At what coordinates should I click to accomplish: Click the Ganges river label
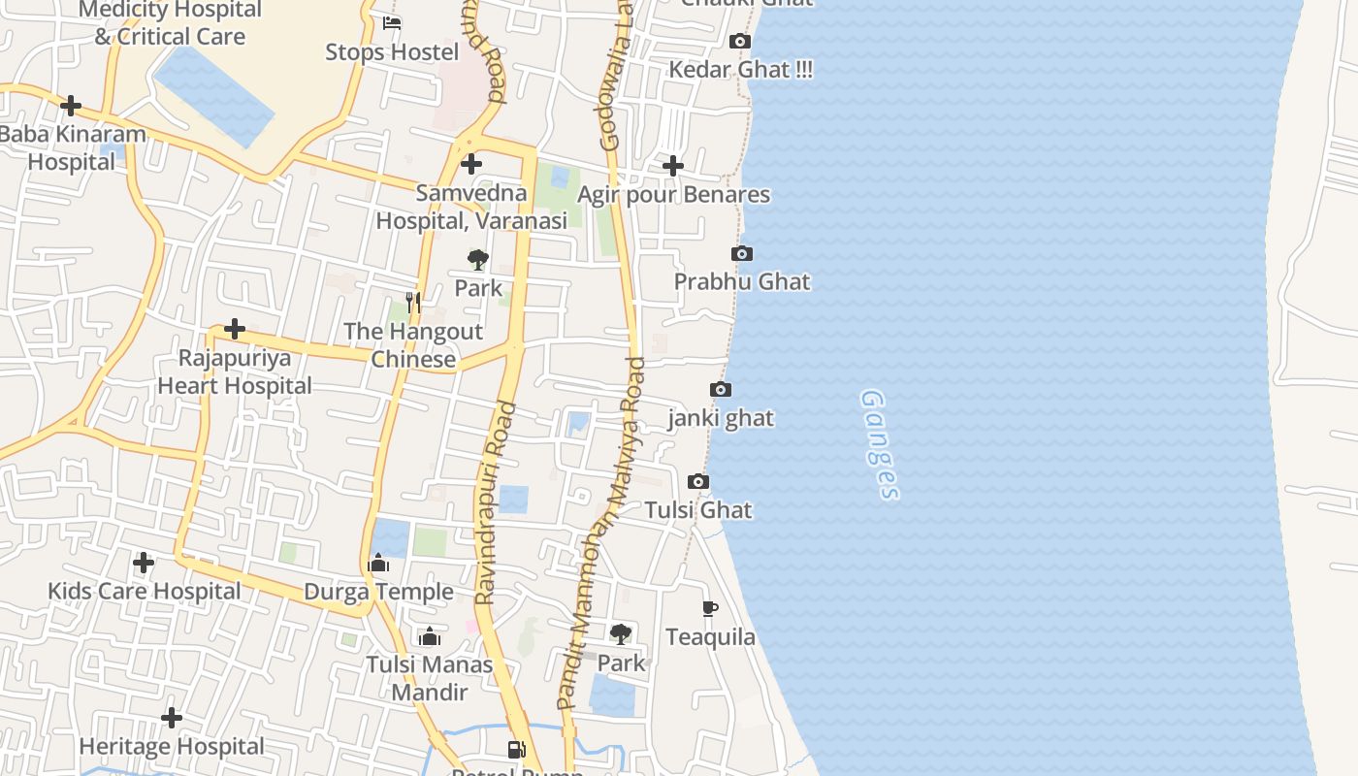point(880,444)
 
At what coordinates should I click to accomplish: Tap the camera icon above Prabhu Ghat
point(742,254)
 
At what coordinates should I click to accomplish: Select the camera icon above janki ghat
point(721,390)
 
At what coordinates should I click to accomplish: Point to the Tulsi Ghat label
point(698,510)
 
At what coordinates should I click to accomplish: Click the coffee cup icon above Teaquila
point(710,609)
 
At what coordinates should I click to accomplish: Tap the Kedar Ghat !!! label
point(741,70)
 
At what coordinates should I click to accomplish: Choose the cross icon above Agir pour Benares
point(673,166)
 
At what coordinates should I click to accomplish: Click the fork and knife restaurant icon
point(413,303)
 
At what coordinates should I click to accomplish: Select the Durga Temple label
point(378,592)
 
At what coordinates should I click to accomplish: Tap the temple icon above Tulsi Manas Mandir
point(430,636)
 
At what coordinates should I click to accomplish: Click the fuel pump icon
point(517,749)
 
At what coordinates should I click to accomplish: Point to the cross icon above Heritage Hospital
point(172,718)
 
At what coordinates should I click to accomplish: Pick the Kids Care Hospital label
point(145,591)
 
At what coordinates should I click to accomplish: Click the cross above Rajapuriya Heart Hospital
point(235,330)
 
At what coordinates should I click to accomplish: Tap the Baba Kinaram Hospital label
point(72,147)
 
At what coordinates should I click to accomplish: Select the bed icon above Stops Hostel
point(392,23)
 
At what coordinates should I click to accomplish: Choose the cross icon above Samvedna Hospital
point(471,164)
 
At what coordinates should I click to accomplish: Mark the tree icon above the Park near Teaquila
point(621,634)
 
